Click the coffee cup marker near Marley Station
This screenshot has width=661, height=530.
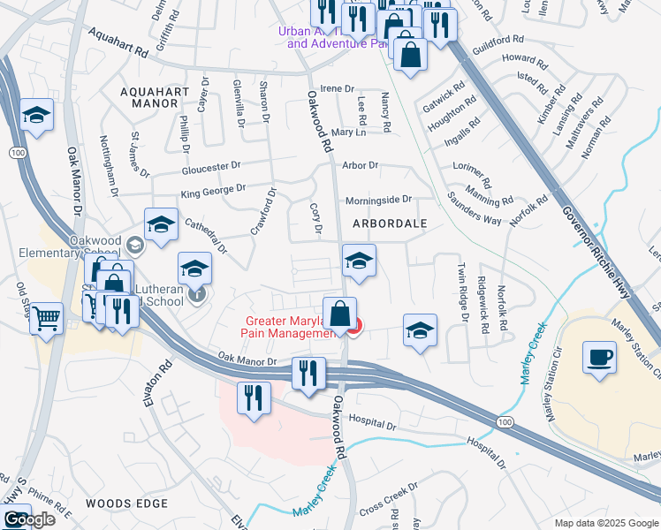tap(600, 358)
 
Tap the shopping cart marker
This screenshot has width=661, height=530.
tap(47, 318)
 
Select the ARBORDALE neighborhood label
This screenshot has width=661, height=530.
tap(390, 224)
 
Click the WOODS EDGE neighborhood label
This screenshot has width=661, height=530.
tap(126, 503)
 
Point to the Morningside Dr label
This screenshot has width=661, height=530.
tap(378, 200)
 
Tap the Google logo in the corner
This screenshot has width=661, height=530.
tap(28, 520)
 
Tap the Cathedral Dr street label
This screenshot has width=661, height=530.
tap(206, 236)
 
